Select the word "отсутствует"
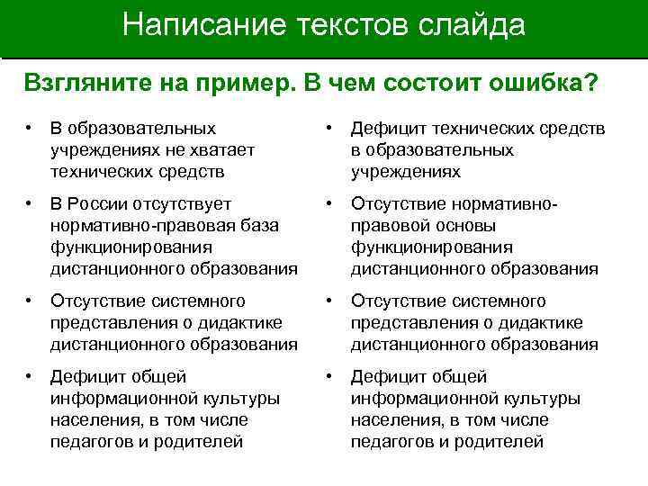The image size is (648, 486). (x=185, y=204)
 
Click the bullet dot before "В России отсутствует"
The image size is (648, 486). (x=31, y=204)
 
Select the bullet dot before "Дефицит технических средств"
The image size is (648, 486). (x=330, y=129)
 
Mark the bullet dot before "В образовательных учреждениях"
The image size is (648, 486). (x=31, y=129)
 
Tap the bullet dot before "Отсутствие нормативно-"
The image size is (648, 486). (x=330, y=204)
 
